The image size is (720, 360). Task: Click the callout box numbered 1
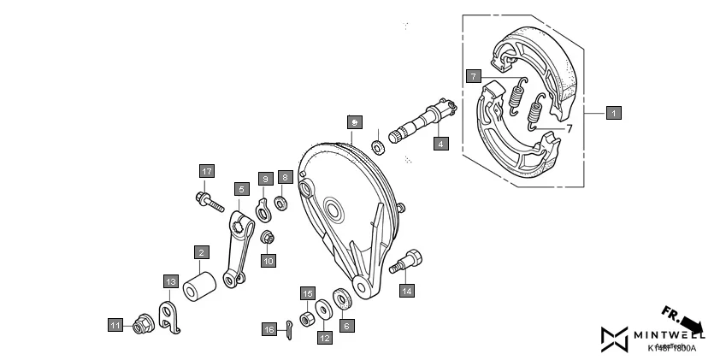[613, 112]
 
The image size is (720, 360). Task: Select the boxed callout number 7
[472, 76]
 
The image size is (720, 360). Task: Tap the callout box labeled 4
[440, 144]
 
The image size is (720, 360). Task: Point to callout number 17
[205, 171]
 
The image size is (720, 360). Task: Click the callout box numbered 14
[406, 291]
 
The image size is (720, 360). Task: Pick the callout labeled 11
[115, 324]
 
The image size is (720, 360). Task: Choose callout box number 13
[170, 280]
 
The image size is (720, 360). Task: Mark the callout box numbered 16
[269, 329]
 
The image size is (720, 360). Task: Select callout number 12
[325, 338]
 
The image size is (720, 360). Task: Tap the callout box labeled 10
[269, 261]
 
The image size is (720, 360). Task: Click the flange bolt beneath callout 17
[209, 204]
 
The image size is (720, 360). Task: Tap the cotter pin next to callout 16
[290, 328]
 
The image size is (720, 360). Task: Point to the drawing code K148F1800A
[671, 349]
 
